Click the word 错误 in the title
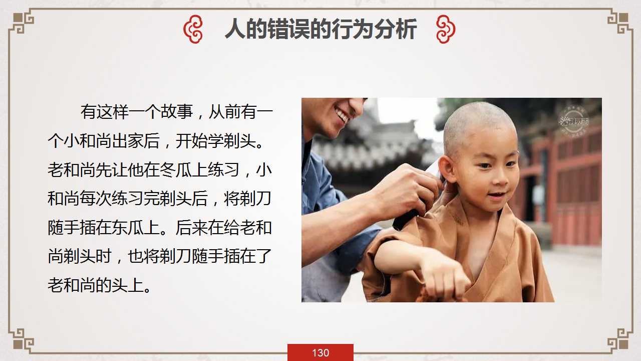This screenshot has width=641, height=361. (x=289, y=29)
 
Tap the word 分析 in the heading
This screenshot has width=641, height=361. (x=396, y=29)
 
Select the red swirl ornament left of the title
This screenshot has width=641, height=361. (x=193, y=29)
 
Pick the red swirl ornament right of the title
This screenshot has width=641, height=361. (x=446, y=29)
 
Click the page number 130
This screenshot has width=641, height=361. (x=320, y=352)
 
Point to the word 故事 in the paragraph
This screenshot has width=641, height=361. (x=177, y=111)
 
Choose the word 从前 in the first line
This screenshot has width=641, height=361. (x=225, y=111)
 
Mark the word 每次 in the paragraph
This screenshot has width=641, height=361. (x=96, y=198)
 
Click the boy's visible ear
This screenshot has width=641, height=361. (x=446, y=169)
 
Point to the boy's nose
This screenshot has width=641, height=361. (x=500, y=178)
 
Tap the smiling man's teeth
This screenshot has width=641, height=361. (x=342, y=115)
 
